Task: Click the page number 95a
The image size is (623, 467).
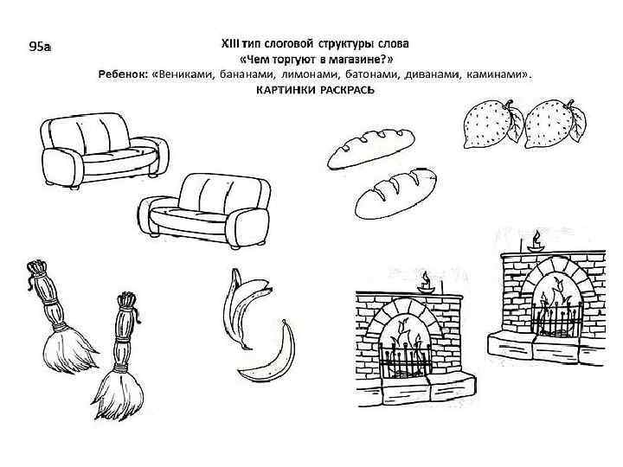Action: (40, 47)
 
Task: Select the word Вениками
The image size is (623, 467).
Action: (186, 74)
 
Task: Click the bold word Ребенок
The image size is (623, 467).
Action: (122, 74)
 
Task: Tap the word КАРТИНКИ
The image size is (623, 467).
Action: (286, 91)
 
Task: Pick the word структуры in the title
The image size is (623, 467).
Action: (345, 44)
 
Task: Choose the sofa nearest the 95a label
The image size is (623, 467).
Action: (104, 150)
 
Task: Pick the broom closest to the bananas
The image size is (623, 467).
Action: (119, 357)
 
